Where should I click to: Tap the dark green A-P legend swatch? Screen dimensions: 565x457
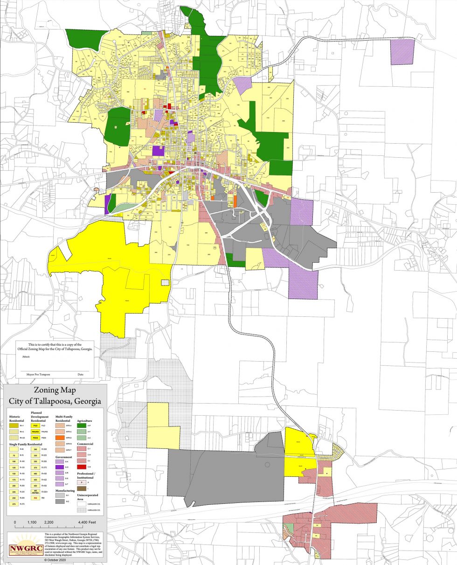(82, 425)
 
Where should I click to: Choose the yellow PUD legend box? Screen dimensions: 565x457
(35, 425)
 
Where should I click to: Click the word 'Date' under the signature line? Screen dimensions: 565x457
(81, 374)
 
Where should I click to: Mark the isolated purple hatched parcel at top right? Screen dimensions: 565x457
(402, 51)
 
